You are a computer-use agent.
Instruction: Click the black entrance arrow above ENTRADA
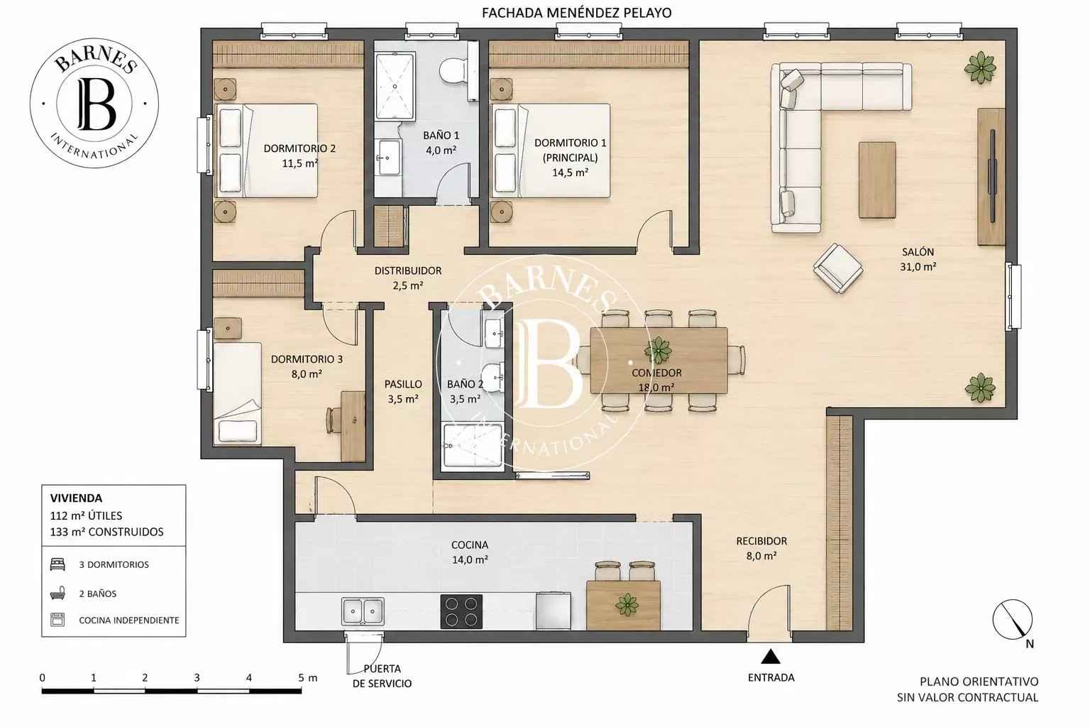[x=771, y=657]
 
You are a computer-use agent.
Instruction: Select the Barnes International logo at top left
[x=94, y=103]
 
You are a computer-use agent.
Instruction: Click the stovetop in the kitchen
[x=461, y=611]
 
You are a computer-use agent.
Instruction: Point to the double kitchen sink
[x=363, y=611]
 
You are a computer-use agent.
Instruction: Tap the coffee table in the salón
[x=877, y=180]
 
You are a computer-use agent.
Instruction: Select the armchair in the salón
[x=838, y=268]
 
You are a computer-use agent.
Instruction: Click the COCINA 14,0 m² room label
[x=470, y=552]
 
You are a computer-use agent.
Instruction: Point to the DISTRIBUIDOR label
[x=408, y=270]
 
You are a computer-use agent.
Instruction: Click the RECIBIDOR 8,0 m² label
[x=761, y=548]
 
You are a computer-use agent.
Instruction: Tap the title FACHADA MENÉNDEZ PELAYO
[x=577, y=13]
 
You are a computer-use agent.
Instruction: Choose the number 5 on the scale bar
[x=301, y=677]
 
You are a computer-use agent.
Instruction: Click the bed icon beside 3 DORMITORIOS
[x=57, y=564]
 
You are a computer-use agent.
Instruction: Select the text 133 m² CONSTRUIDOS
[x=106, y=532]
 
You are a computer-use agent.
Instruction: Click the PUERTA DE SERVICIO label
[x=382, y=676]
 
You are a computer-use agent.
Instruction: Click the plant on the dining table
[x=658, y=349]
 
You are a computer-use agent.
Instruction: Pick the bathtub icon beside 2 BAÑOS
[x=57, y=594]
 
